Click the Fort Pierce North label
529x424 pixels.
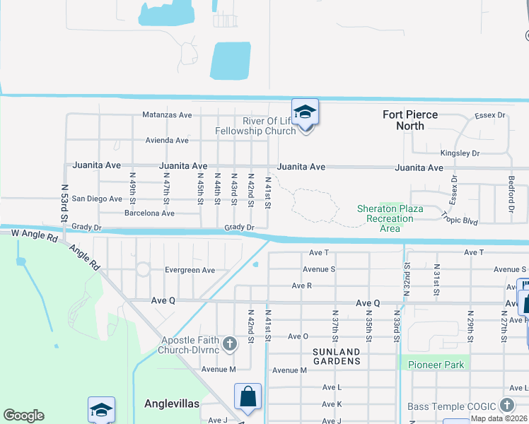tap(410, 120)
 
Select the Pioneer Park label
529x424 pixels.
tap(435, 365)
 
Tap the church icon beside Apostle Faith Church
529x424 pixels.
tap(229, 344)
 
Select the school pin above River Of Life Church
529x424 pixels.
tap(305, 113)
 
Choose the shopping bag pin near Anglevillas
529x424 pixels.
tap(248, 398)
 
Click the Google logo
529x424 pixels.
tap(23, 416)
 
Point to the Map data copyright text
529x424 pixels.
tap(499, 418)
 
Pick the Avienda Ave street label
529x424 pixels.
tap(167, 141)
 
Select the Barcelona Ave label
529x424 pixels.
tap(149, 213)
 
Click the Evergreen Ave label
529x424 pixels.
tap(190, 270)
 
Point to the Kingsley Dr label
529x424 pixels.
tap(460, 153)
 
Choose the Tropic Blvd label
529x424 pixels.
tap(460, 217)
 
